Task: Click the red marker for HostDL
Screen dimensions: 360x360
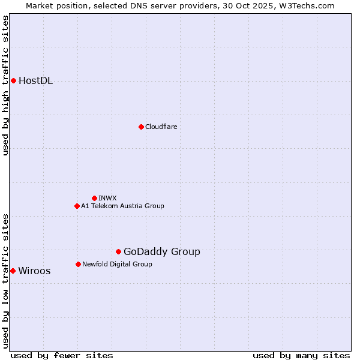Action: coord(13,80)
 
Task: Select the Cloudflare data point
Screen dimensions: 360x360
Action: coord(141,127)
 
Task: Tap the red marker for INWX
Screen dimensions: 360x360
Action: coord(94,198)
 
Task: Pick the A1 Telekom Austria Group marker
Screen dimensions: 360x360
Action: coord(77,206)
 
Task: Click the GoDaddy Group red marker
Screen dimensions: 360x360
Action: coord(118,251)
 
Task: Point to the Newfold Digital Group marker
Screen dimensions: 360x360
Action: coord(78,264)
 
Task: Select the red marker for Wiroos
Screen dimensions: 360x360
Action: coord(13,271)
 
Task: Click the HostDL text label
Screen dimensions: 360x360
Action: coord(35,81)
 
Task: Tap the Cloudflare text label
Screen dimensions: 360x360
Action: coord(161,127)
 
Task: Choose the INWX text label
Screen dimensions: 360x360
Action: coord(107,198)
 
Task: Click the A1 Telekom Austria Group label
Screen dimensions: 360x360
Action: coord(122,206)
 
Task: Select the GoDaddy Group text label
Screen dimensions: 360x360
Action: coord(161,252)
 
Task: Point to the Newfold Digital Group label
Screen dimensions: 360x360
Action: coord(117,264)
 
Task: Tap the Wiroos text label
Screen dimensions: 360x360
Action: coord(34,271)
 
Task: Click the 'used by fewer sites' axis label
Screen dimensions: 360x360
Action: coord(62,355)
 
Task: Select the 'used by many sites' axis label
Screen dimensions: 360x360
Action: coord(301,355)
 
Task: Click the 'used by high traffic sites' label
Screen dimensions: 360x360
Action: coord(6,85)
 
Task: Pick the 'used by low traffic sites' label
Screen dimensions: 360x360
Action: coord(6,281)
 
